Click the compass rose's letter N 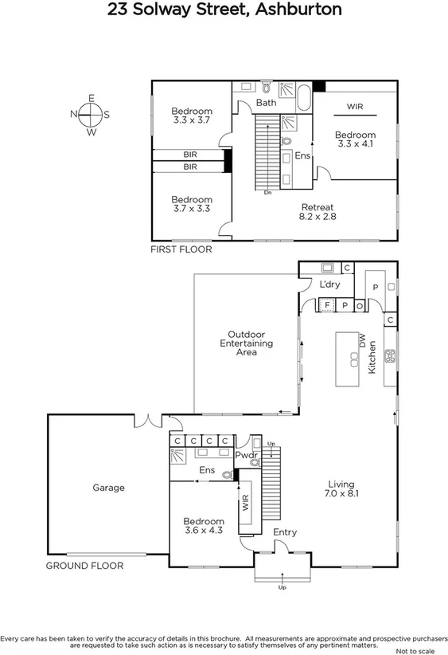pos(74,114)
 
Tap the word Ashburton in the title pos(296,10)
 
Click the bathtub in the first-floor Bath pos(304,100)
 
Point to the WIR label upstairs pos(355,105)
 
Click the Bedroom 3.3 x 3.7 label pos(192,116)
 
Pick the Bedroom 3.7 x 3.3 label pos(192,204)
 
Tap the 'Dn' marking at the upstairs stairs pos(267,192)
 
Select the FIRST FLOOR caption pos(181,249)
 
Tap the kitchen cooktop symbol pos(390,356)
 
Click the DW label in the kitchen pos(363,342)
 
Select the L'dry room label pos(329,284)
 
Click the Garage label pos(108,488)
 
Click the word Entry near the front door pos(284,532)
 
